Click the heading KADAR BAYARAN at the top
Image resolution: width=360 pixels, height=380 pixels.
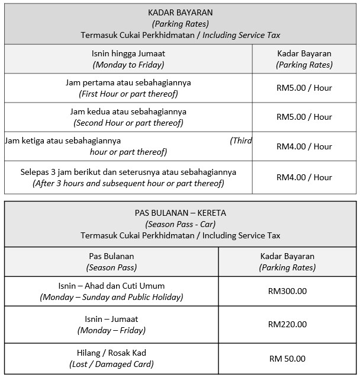click(180, 12)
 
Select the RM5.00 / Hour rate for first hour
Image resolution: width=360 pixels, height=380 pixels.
click(304, 88)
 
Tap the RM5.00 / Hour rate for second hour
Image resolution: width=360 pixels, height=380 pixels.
click(304, 117)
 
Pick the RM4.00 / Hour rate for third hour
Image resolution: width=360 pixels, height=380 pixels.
click(304, 146)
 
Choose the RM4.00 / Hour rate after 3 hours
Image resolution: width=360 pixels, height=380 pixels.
click(304, 177)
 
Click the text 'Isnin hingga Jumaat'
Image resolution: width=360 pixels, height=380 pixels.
click(128, 53)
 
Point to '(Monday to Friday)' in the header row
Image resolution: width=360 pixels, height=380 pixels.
click(128, 65)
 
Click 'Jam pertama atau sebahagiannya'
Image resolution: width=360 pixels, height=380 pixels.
click(128, 82)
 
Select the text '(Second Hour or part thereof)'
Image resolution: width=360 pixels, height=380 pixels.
click(128, 123)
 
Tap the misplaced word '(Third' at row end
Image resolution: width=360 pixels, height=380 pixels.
click(241, 140)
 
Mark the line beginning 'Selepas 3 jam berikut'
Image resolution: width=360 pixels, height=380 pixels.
click(128, 172)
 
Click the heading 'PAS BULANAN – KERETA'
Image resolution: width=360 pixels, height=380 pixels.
click(180, 213)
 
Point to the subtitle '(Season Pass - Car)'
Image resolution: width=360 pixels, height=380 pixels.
click(180, 224)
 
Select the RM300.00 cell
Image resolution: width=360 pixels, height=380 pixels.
click(287, 291)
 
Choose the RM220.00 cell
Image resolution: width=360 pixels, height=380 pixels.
click(287, 324)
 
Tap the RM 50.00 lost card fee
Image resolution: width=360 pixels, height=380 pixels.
click(287, 359)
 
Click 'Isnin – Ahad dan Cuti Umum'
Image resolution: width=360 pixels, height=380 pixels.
click(111, 286)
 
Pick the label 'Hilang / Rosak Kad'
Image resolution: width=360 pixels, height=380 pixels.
click(111, 353)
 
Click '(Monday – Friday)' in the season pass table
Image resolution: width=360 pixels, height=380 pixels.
click(111, 330)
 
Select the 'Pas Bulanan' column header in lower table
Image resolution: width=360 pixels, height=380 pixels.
click(111, 256)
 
